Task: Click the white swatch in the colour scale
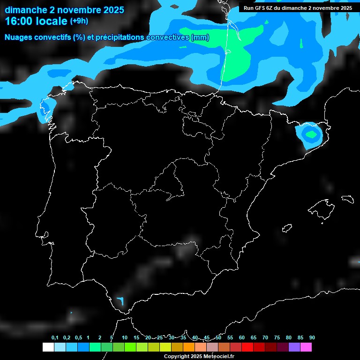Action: [x=48, y=347]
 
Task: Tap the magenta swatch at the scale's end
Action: [x=306, y=347]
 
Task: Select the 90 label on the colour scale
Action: [x=312, y=337]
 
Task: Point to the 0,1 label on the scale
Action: [x=55, y=337]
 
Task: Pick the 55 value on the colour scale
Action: [x=230, y=337]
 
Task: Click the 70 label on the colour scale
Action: [x=265, y=337]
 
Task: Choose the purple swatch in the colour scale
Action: [x=294, y=347]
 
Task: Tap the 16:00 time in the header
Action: [x=20, y=21]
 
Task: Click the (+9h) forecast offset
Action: [x=79, y=21]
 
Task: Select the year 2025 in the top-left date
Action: [x=111, y=9]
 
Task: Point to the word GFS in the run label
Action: [x=261, y=8]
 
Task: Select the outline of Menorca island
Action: [x=347, y=199]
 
